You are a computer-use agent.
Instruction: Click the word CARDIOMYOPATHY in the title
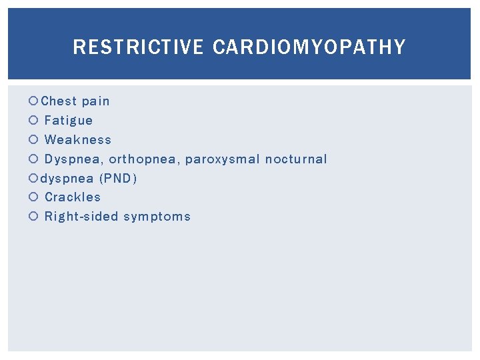[x=309, y=47]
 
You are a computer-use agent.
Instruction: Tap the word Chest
[x=59, y=101]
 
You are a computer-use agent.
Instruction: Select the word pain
[x=95, y=101]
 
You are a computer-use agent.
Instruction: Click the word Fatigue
[x=69, y=121]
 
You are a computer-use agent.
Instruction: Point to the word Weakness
[x=78, y=140]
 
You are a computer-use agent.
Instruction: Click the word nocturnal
[x=296, y=159]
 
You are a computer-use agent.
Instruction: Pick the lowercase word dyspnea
[x=67, y=179]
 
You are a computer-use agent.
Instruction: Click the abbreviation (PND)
[x=118, y=178]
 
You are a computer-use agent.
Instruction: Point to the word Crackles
[x=73, y=197]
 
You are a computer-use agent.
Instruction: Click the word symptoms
[x=157, y=217]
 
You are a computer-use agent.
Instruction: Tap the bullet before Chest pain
[x=34, y=101]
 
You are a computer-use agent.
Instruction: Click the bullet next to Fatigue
[x=34, y=121]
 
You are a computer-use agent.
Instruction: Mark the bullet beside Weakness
[x=34, y=140]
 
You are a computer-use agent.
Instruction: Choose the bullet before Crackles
[x=34, y=197]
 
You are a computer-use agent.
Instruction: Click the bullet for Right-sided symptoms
[x=34, y=217]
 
